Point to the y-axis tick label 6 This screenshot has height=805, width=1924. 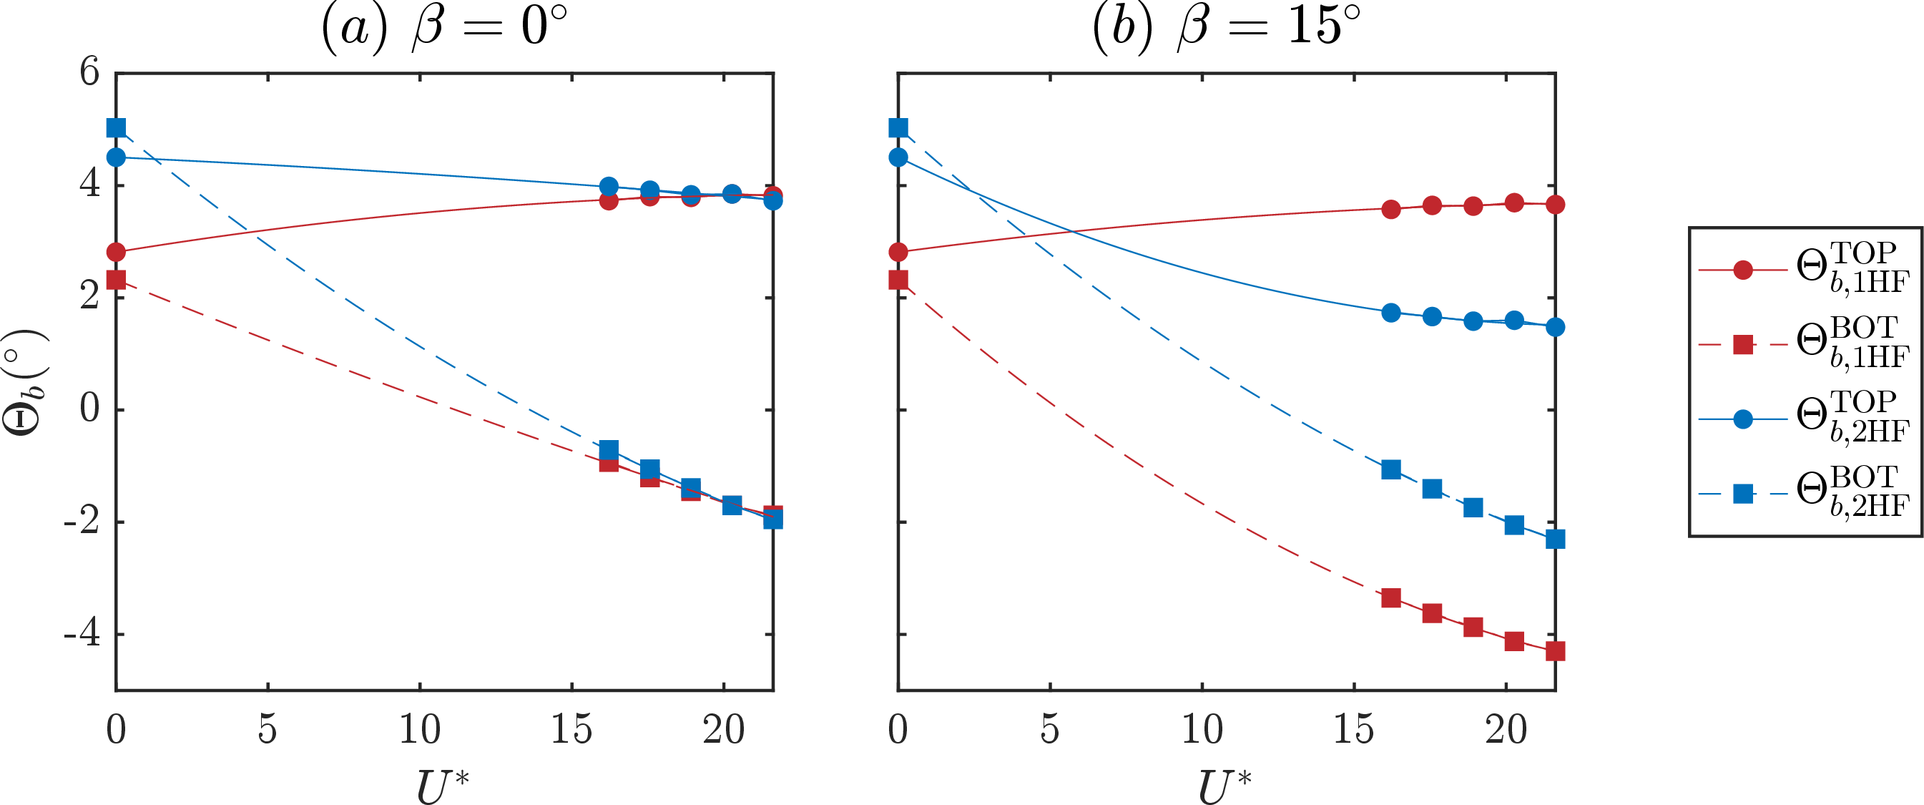click(89, 72)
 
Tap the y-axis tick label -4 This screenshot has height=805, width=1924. click(82, 634)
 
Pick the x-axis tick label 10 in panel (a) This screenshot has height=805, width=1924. click(420, 729)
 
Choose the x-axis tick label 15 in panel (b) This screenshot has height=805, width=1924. click(1353, 729)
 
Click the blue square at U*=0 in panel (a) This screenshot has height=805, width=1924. click(116, 128)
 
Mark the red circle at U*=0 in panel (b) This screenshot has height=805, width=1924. click(898, 252)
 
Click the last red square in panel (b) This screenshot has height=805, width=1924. click(1555, 651)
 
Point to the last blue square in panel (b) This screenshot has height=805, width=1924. click(1555, 539)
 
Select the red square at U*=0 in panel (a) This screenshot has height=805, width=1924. click(116, 280)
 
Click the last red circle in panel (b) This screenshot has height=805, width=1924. click(1555, 205)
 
